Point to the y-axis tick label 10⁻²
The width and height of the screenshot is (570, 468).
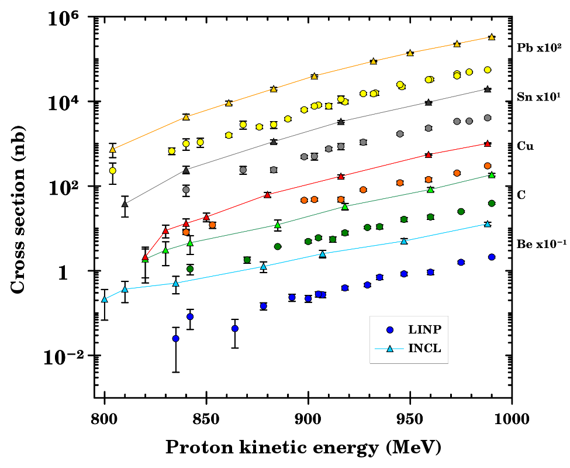(x=65, y=357)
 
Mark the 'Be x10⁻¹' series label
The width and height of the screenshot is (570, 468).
(x=541, y=244)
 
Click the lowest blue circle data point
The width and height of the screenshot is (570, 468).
(x=175, y=338)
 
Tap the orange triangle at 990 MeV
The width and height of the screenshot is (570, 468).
(x=492, y=37)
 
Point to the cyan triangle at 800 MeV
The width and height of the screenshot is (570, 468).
(x=105, y=299)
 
